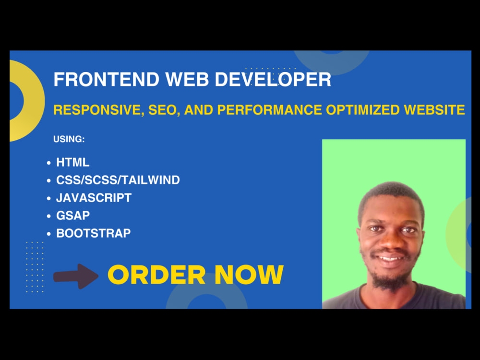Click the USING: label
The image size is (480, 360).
69,139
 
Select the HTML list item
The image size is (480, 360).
73,162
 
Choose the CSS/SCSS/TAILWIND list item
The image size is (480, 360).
118,180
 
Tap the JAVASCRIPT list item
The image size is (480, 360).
94,197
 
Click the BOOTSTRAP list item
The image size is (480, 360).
94,233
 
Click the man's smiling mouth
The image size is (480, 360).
391,258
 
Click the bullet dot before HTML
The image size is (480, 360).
49,163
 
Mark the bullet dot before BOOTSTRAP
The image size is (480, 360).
49,234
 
